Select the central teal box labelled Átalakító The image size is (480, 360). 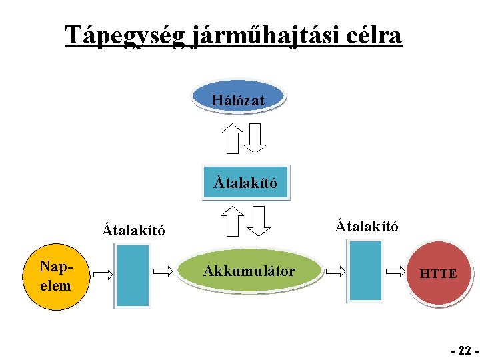[245, 181]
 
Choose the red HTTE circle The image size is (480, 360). [439, 273]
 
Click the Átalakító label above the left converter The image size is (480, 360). [133, 231]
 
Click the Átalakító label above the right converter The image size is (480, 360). [367, 225]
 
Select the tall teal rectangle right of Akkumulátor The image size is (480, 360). [365, 271]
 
